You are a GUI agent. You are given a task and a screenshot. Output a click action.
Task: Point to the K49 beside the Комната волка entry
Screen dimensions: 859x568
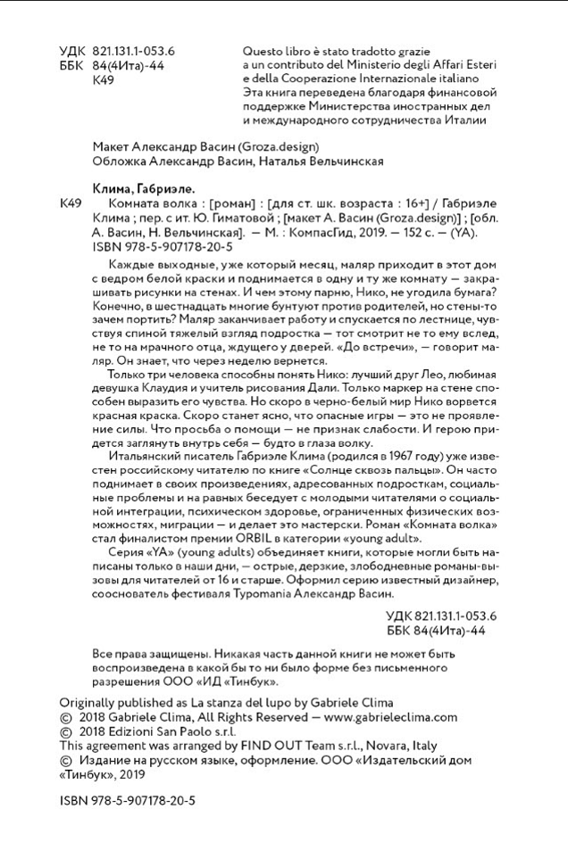(x=70, y=203)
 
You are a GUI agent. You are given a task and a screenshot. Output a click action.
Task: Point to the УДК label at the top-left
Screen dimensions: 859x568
(x=71, y=51)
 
